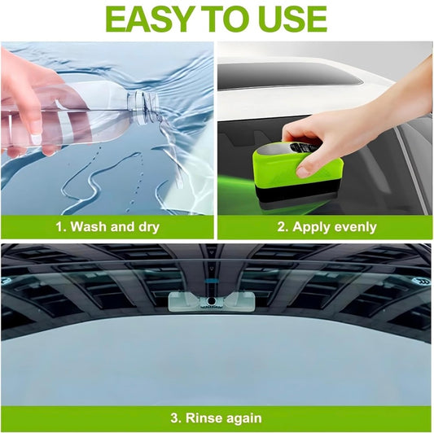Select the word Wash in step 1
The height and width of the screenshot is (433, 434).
tap(90, 226)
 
